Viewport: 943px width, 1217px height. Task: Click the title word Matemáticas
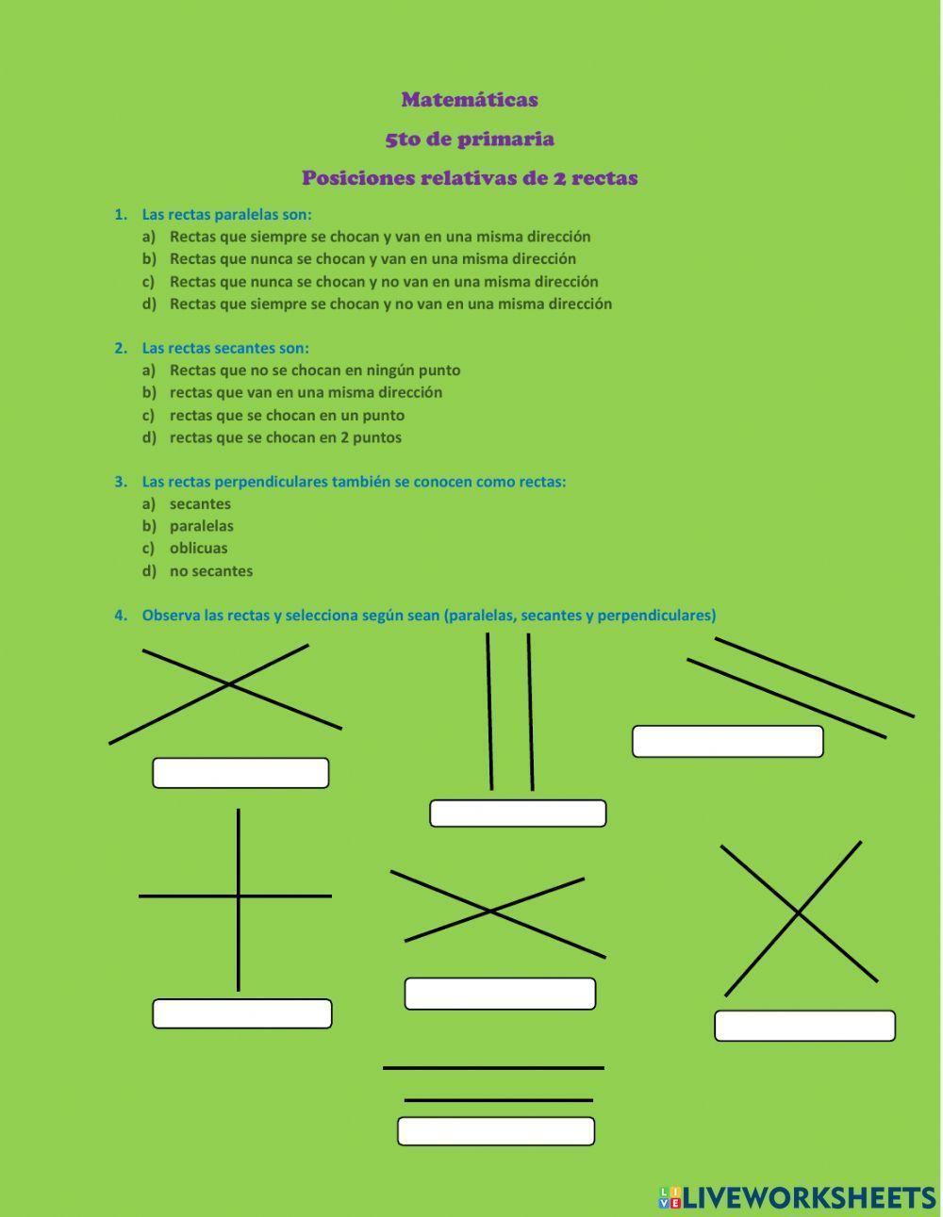click(x=470, y=99)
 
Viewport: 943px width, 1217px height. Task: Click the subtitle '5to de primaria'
click(x=470, y=139)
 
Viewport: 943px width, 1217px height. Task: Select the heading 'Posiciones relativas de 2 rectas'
click(x=470, y=177)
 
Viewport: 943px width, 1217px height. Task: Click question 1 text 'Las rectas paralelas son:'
click(x=226, y=214)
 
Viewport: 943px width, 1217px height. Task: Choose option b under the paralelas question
click(x=372, y=258)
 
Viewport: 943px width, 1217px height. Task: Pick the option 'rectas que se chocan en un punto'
click(x=287, y=415)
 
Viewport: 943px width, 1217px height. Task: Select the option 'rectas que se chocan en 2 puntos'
click(x=285, y=437)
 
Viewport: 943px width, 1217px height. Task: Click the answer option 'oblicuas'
click(x=198, y=548)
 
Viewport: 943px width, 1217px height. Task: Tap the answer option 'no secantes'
click(x=210, y=570)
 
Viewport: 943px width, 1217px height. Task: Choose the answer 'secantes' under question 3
click(x=200, y=503)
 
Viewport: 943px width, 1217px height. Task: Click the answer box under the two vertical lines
click(x=518, y=814)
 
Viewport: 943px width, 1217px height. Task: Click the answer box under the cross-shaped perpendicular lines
click(x=242, y=1013)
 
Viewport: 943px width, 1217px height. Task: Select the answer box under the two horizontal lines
click(x=496, y=1131)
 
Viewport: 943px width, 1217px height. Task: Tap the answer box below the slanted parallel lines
click(x=727, y=742)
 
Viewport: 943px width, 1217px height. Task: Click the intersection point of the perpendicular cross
click(x=238, y=896)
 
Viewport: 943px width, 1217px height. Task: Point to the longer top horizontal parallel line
click(x=493, y=1068)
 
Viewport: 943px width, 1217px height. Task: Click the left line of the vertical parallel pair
click(x=489, y=712)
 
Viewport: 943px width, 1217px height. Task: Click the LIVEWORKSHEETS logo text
click(x=808, y=1197)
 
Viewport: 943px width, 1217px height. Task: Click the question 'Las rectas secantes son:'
click(x=225, y=348)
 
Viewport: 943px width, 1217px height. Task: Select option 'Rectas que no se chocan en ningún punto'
click(x=315, y=370)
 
